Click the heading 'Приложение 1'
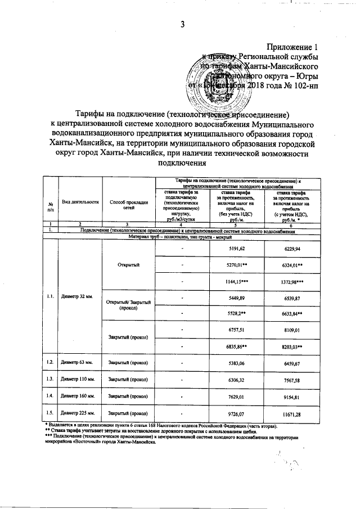pyautogui.click(x=292, y=48)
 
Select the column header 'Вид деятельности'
pyautogui.click(x=80, y=201)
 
